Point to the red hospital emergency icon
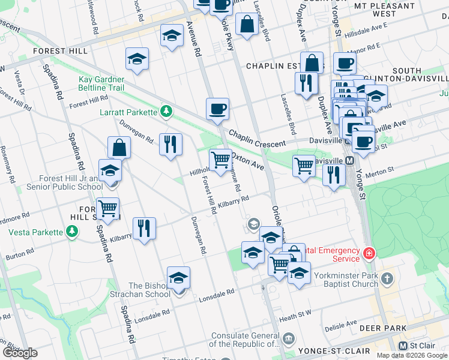(x=368, y=254)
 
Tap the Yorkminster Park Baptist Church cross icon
(x=388, y=279)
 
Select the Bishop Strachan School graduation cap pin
(x=178, y=279)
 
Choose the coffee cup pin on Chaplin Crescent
(x=218, y=109)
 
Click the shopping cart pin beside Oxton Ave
(x=221, y=160)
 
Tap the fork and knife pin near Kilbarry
(x=144, y=228)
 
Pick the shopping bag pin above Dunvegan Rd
(x=119, y=148)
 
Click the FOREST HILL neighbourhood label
(x=61, y=51)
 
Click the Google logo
(x=20, y=353)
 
